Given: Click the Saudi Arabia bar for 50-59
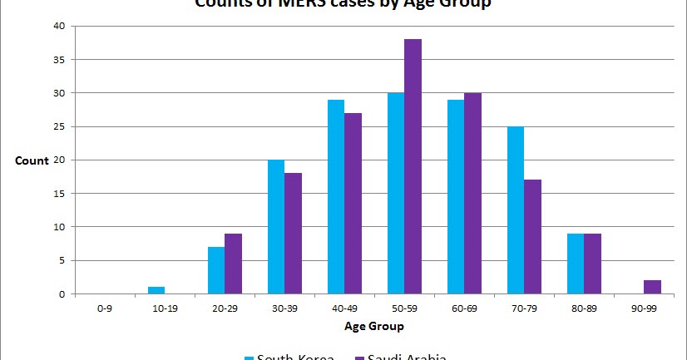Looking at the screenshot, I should (413, 166).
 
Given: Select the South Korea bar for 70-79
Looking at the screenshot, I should (515, 210).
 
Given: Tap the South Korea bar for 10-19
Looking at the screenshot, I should (156, 290).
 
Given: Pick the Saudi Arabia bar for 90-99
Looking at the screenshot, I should (653, 287).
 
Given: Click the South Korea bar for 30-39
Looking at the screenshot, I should (275, 227).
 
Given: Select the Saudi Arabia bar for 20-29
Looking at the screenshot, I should (233, 264).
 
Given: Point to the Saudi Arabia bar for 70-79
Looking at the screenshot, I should (532, 237).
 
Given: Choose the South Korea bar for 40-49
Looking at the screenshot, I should (335, 197).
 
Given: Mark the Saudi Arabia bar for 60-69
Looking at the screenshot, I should (472, 193).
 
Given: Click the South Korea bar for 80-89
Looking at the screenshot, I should (575, 264).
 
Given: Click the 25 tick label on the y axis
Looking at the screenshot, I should (59, 126).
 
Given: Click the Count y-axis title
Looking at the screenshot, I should (32, 160).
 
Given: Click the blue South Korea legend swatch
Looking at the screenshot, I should (249, 358).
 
